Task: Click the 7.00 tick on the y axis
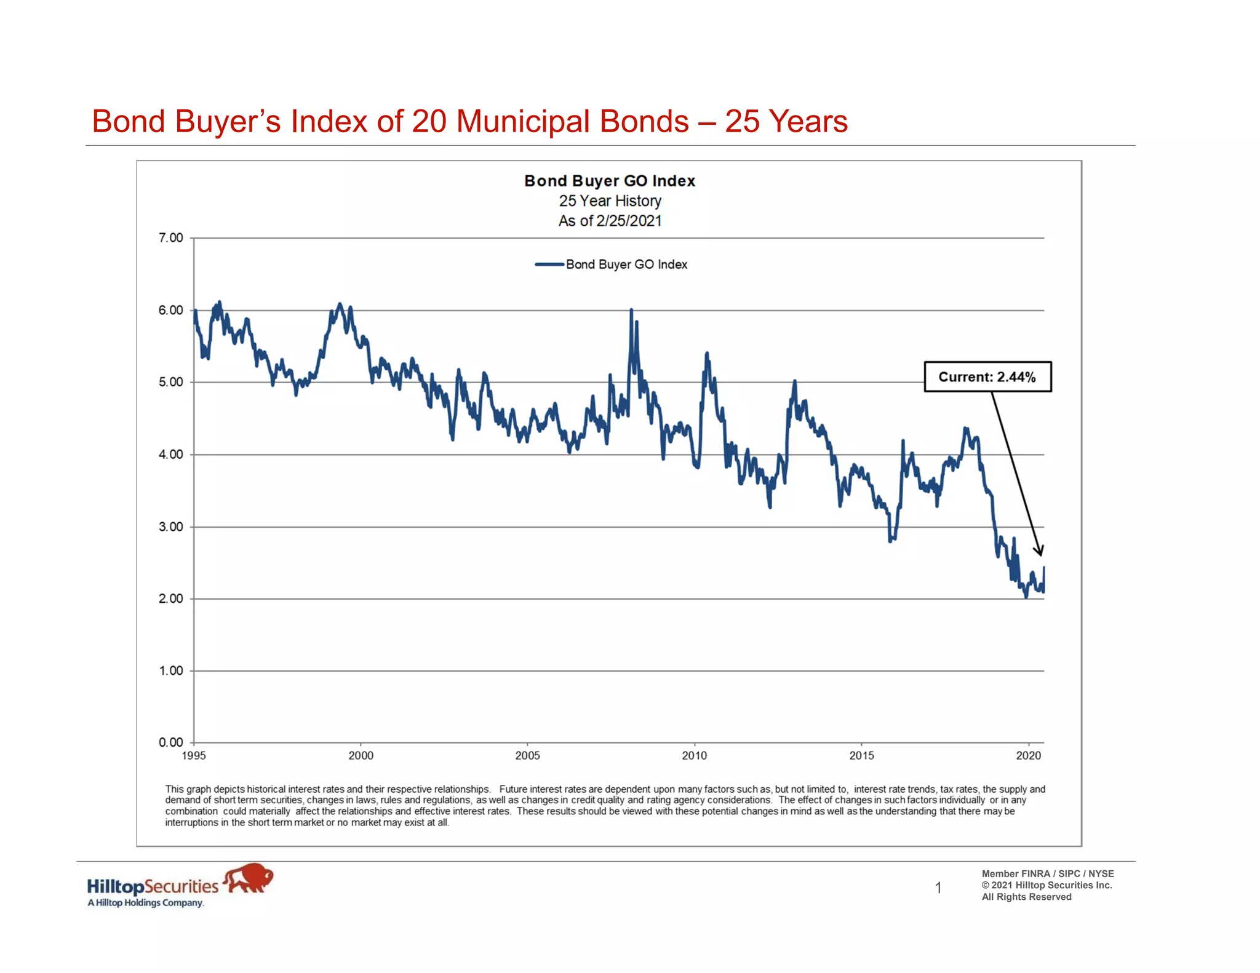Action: point(170,238)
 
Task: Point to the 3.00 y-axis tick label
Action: point(170,527)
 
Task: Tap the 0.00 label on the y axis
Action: point(170,742)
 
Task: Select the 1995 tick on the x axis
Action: point(194,756)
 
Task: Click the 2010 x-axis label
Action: point(694,756)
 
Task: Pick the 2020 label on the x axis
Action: point(1028,756)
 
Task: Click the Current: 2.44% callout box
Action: point(987,377)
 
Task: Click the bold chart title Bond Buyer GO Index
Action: point(609,181)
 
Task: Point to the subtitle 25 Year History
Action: point(609,201)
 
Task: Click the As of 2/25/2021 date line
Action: point(609,221)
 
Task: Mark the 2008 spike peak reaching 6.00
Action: point(631,311)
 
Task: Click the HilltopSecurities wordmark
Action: point(153,886)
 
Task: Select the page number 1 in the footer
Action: point(938,888)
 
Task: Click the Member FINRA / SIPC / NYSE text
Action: point(1047,873)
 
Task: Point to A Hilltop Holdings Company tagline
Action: point(145,903)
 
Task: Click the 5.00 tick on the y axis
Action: point(170,383)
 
